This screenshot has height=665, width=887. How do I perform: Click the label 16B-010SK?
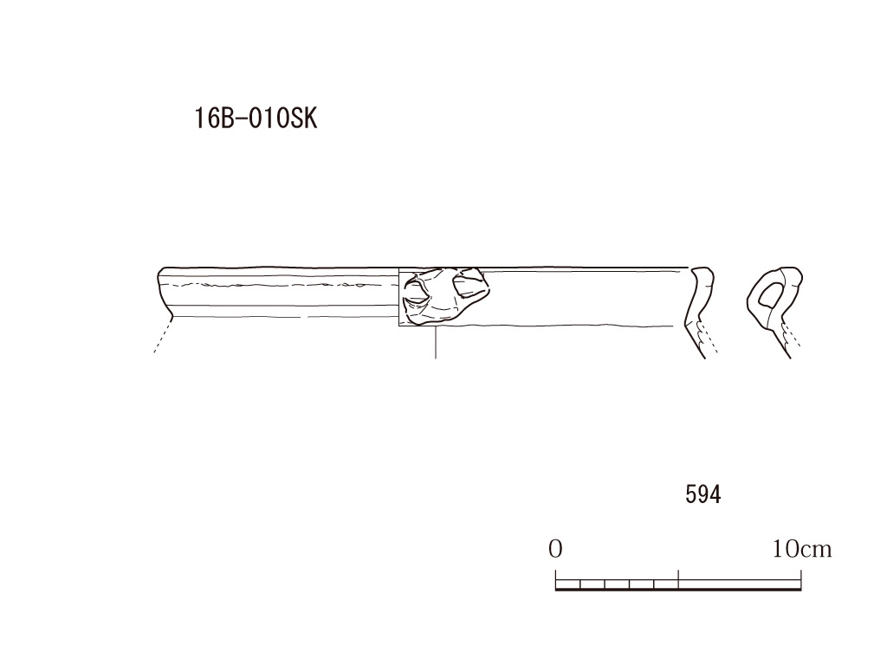click(256, 119)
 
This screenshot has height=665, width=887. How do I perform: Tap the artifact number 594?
click(703, 494)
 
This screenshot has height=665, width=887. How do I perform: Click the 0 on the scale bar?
click(555, 548)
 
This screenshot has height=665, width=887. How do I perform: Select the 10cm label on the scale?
click(802, 548)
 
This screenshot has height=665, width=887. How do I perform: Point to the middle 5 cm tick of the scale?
click(678, 579)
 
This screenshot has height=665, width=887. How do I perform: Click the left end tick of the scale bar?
click(555, 579)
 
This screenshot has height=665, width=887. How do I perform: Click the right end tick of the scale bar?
click(801, 579)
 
